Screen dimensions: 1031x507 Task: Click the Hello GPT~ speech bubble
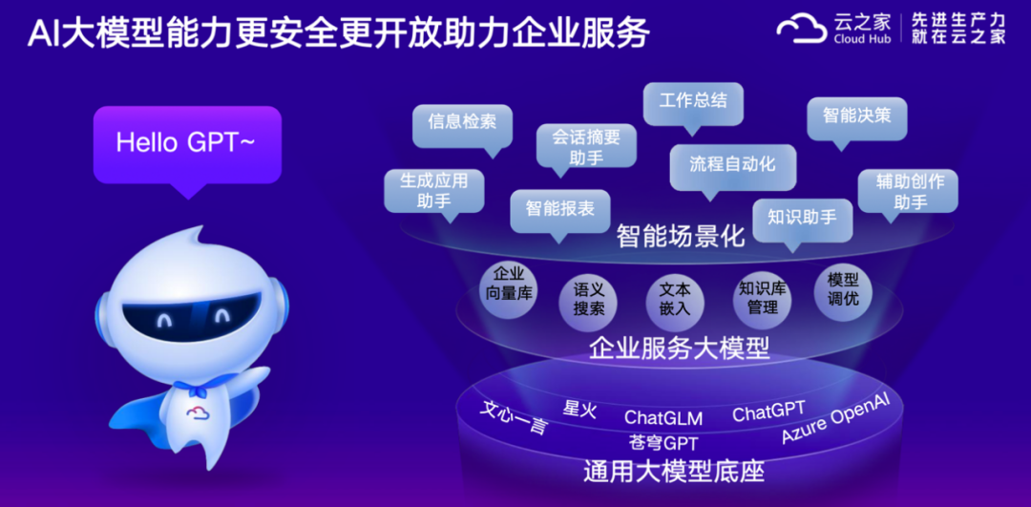(x=187, y=145)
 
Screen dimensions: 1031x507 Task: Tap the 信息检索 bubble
(x=462, y=126)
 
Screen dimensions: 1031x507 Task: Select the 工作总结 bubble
(x=693, y=103)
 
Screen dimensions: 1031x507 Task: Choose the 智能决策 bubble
(x=856, y=119)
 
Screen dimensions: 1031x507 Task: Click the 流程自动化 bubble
(x=732, y=168)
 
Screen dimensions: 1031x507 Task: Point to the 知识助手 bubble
(x=802, y=221)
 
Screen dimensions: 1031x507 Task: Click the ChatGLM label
(x=663, y=417)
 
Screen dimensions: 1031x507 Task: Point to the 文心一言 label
(x=514, y=418)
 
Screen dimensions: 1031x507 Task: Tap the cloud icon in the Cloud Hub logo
(x=802, y=30)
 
